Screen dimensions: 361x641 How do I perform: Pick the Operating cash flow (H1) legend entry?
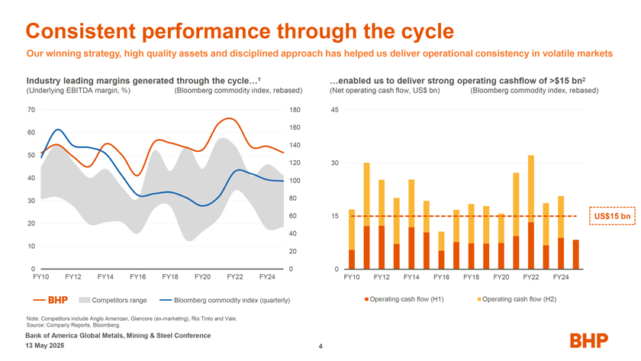click(401, 298)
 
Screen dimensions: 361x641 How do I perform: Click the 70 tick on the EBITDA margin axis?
click(30, 110)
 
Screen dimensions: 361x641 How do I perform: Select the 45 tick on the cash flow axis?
click(334, 110)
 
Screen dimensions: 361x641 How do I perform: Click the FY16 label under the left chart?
click(138, 276)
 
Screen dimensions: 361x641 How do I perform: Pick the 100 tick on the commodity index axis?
click(295, 181)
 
